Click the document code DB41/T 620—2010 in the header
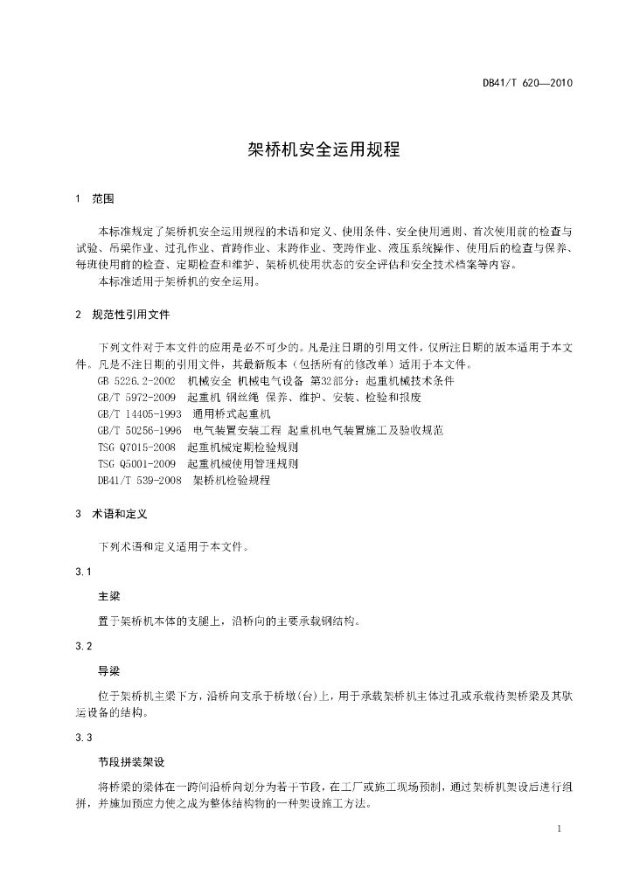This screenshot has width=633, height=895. point(527,84)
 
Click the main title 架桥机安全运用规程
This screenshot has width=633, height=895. point(316,149)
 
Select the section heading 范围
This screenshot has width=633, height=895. point(103,199)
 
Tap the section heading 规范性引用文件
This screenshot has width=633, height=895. point(131,313)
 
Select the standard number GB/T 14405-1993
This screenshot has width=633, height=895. point(140,413)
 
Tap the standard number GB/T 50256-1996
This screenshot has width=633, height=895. point(140,430)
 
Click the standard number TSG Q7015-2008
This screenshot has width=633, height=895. point(137,447)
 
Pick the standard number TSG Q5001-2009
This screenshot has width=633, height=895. point(137,463)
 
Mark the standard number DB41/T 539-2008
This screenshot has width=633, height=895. point(140,480)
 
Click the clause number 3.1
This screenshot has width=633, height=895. point(84,572)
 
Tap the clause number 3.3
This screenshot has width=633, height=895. point(84,738)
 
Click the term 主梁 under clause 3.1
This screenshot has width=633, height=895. point(108,597)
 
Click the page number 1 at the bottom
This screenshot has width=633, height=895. point(559,828)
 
